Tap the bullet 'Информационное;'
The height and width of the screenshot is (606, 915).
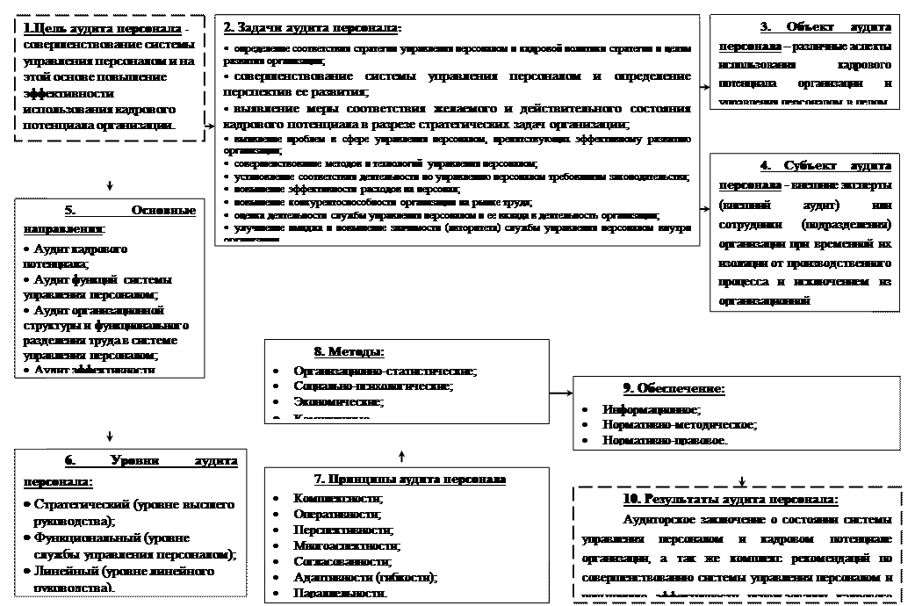tap(652, 409)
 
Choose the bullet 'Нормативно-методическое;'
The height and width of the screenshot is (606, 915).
tap(679, 424)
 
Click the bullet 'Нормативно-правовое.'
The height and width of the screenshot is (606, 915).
tap(665, 438)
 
